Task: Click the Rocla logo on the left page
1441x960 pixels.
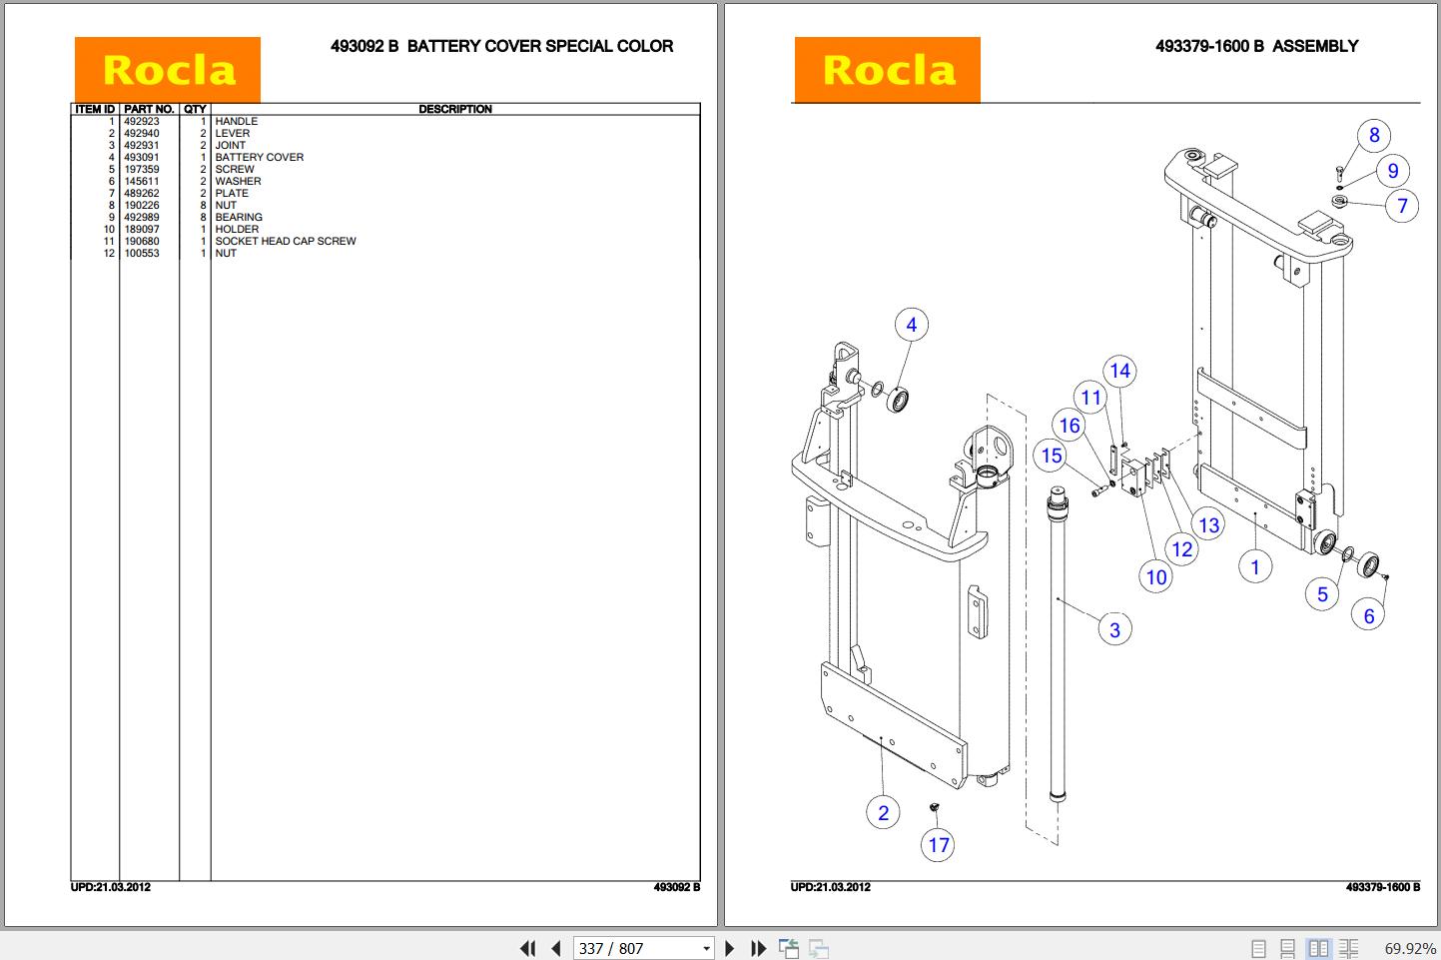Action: pos(167,70)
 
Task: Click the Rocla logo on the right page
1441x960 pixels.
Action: pos(887,70)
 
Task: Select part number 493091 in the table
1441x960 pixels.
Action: pos(141,157)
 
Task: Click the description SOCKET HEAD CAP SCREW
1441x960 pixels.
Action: pos(285,241)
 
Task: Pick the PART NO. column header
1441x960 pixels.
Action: pos(149,109)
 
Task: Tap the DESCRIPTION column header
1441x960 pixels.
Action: pos(454,109)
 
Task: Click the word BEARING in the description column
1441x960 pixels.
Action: pos(239,217)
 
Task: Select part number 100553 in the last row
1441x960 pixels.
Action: pos(141,253)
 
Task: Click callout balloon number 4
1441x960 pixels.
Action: pos(911,325)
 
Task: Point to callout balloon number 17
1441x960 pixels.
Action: pos(939,845)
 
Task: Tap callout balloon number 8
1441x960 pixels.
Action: pos(1374,135)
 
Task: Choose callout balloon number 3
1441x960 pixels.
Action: pos(1114,630)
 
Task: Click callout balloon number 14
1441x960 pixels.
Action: pos(1119,372)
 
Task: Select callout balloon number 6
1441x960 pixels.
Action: pos(1369,616)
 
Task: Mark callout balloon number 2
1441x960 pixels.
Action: pos(883,813)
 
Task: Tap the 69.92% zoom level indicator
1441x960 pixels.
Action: pos(1409,948)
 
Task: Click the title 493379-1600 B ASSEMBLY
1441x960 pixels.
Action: pos(1256,46)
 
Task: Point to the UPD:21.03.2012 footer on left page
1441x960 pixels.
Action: pos(111,887)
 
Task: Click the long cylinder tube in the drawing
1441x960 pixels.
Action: pos(1058,649)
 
